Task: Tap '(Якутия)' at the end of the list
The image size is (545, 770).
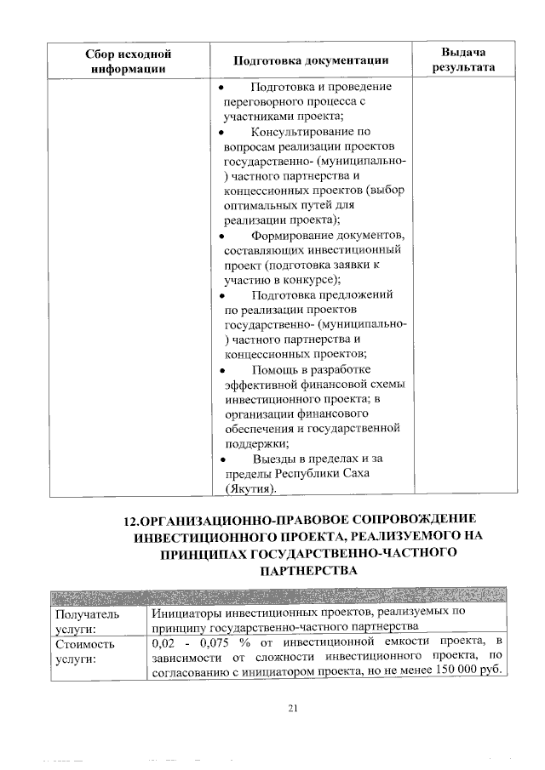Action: pyautogui.click(x=250, y=490)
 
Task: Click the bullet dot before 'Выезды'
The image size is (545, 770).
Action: pyautogui.click(x=221, y=460)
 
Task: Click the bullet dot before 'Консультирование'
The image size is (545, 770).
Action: pyautogui.click(x=221, y=133)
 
